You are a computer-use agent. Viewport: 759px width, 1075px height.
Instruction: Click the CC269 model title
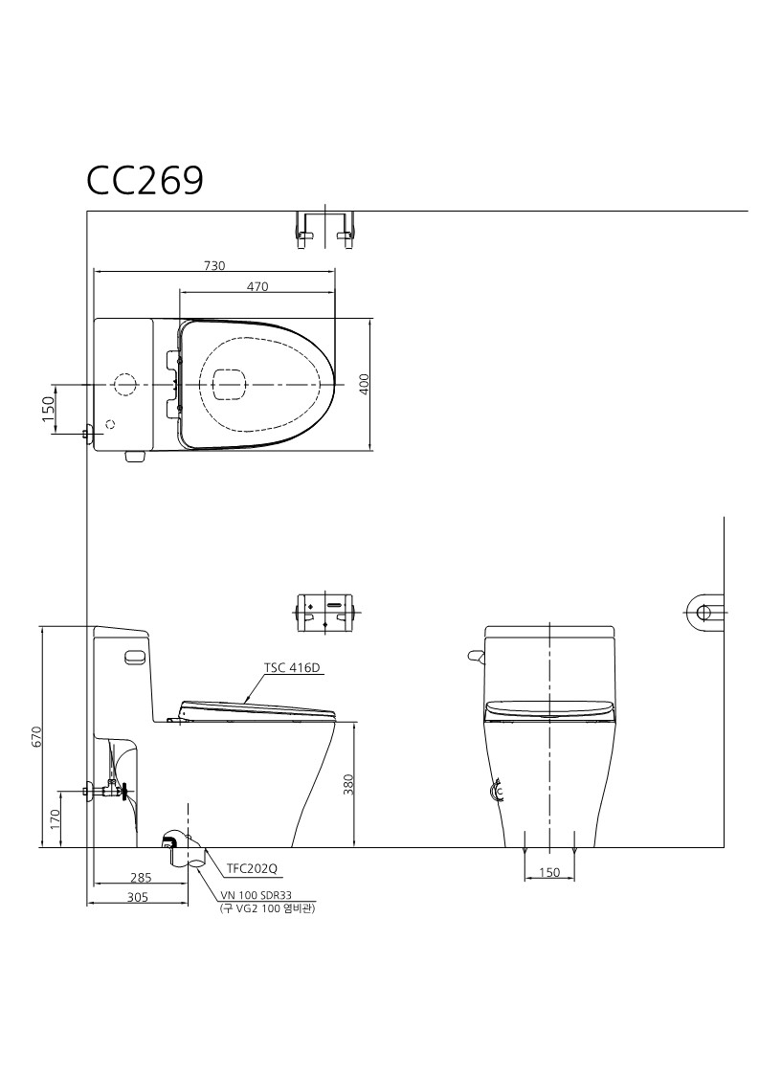pyautogui.click(x=145, y=181)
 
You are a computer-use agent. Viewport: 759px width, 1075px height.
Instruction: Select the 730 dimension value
pyautogui.click(x=214, y=265)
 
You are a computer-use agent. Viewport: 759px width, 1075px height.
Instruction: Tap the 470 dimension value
pyautogui.click(x=257, y=286)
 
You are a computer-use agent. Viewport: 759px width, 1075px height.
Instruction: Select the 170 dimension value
pyautogui.click(x=55, y=818)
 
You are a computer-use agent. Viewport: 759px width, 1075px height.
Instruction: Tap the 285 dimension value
pyautogui.click(x=141, y=877)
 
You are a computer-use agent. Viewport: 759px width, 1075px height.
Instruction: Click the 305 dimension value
pyautogui.click(x=138, y=897)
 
